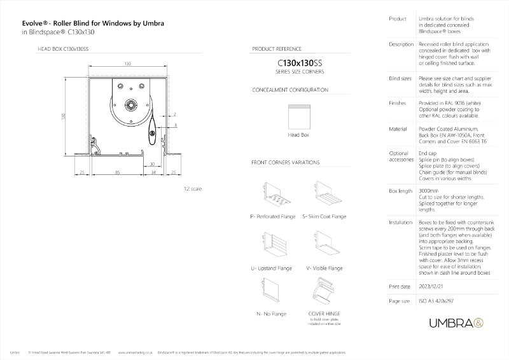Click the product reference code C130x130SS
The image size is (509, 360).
click(297, 64)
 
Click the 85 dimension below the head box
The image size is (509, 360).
click(118, 171)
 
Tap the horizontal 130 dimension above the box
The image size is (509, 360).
click(128, 64)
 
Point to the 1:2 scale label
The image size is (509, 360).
click(192, 189)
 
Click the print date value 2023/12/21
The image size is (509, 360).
click(434, 287)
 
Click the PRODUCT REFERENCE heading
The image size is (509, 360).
click(277, 48)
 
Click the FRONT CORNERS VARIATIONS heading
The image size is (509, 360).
click(286, 163)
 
